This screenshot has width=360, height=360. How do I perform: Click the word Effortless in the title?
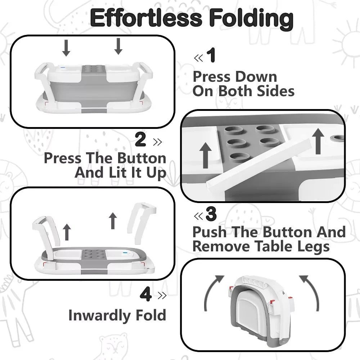146,18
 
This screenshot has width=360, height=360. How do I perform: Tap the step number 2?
140,139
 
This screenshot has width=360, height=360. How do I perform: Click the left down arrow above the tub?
66,48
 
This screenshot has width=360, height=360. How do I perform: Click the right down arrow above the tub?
118,46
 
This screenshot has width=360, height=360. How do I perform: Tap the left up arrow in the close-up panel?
206,155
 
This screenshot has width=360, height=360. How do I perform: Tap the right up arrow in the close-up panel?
318,141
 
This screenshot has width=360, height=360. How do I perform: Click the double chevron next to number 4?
162,296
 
